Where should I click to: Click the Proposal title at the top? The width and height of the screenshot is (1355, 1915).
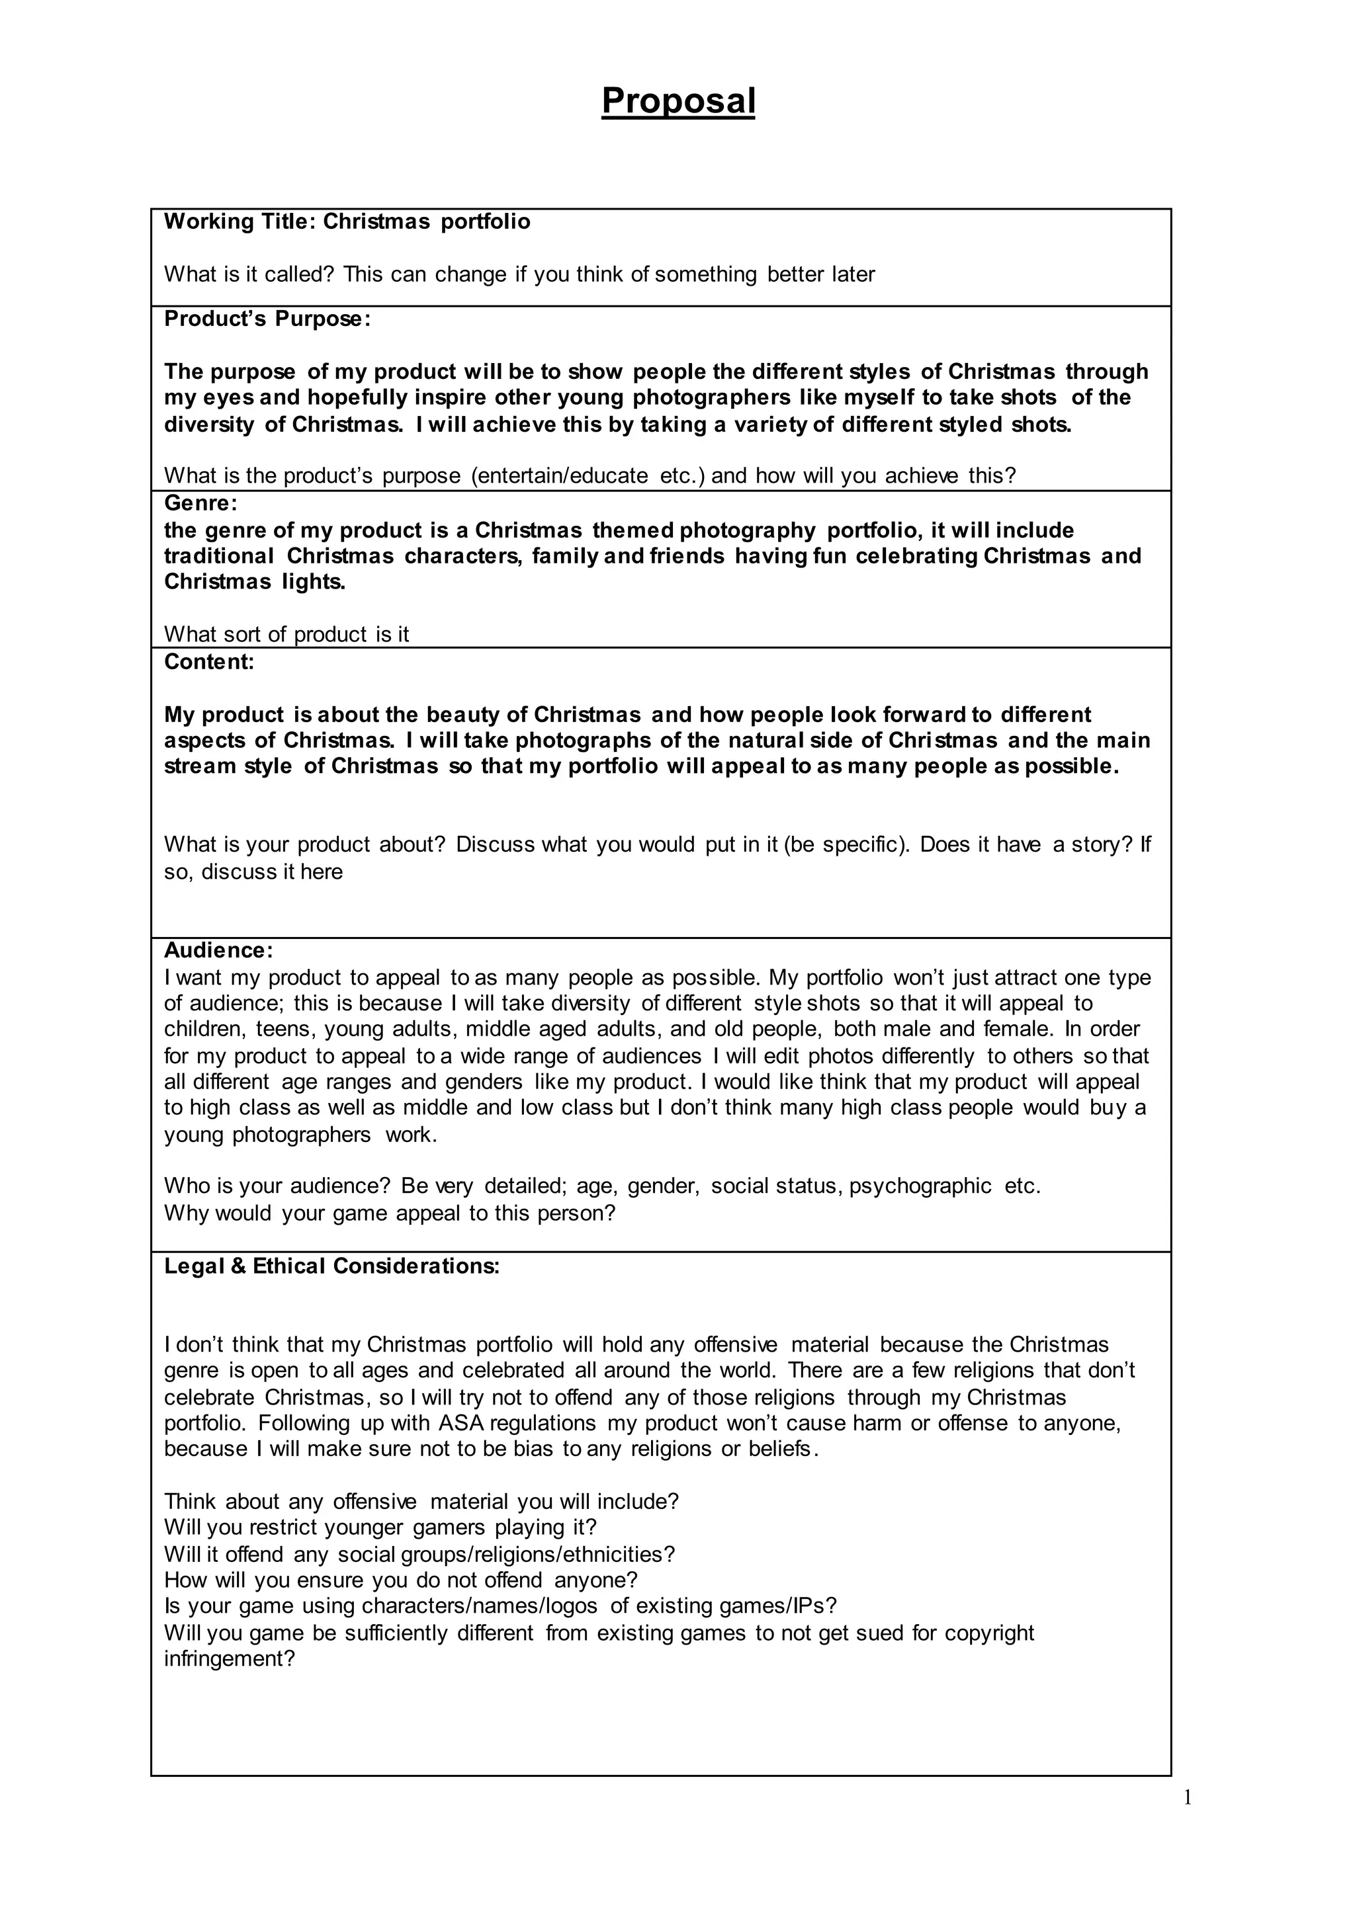coord(677,102)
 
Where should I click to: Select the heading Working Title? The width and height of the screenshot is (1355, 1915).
coord(236,222)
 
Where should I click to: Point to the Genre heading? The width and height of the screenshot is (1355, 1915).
coord(200,503)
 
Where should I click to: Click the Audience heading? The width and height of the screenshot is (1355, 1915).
coord(218,950)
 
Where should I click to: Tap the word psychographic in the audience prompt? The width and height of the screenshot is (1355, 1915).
coord(920,1186)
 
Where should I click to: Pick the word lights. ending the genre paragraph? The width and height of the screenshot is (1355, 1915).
coord(314,582)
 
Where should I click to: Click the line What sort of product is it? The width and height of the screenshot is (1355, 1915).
coord(286,635)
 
